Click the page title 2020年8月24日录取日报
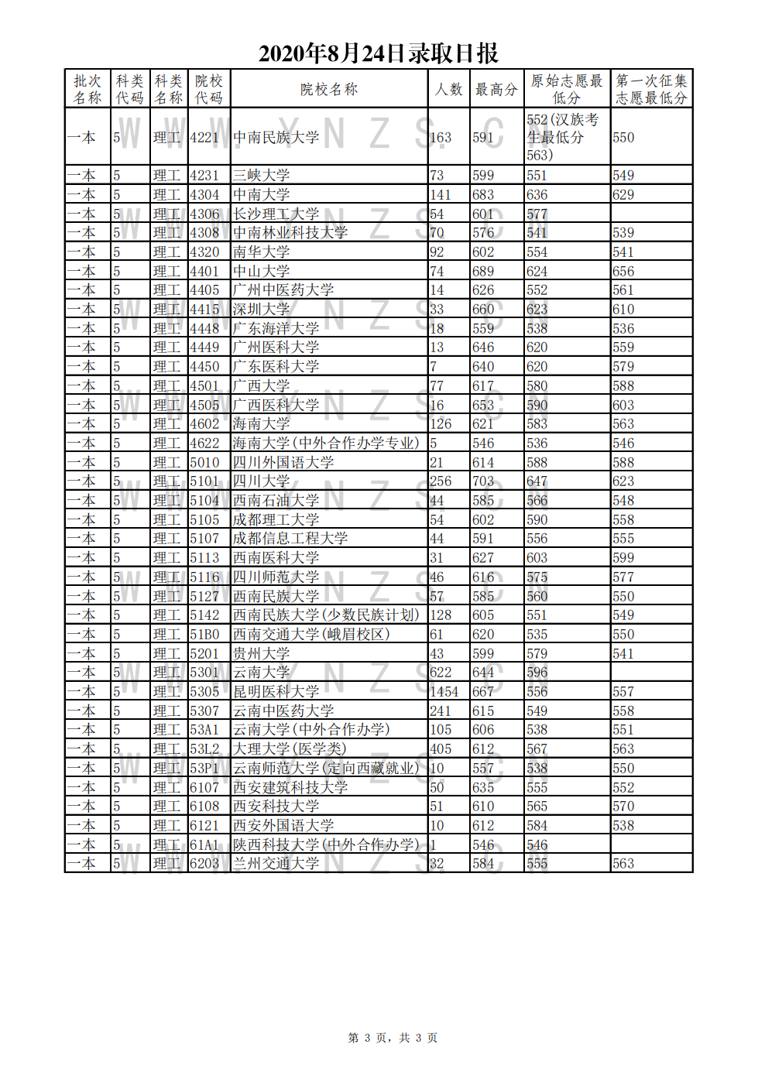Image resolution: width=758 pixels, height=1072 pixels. pyautogui.click(x=378, y=53)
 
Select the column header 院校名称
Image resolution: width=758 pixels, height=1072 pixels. pyautogui.click(x=329, y=89)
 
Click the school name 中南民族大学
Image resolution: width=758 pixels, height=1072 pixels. pyautogui.click(x=276, y=137)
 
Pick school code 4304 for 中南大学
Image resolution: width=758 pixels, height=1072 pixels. pyautogui.click(x=204, y=194)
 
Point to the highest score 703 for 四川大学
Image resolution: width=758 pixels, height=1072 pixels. pyautogui.click(x=483, y=481)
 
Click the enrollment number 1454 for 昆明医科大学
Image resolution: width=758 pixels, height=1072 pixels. pyautogui.click(x=444, y=691)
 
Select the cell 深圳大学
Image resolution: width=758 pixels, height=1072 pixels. pyautogui.click(x=262, y=309)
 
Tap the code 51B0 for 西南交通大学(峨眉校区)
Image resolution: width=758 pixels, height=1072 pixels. pyautogui.click(x=204, y=634)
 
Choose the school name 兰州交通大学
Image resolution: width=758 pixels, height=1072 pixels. pyautogui.click(x=276, y=863)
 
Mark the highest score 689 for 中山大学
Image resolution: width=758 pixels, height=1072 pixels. pyautogui.click(x=483, y=271)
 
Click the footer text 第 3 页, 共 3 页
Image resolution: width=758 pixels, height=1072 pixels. pyautogui.click(x=393, y=1038)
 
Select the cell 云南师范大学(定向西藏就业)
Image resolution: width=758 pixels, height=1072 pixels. pyautogui.click(x=326, y=768)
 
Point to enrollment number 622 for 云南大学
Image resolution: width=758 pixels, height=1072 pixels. pyautogui.click(x=441, y=672)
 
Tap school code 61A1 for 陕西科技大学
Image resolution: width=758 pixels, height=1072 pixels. pyautogui.click(x=204, y=844)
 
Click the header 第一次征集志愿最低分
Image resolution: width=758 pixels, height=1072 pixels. pyautogui.click(x=650, y=89)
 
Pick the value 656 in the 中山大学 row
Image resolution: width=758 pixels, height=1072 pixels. pyautogui.click(x=623, y=271)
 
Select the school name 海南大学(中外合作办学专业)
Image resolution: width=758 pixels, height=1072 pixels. pyautogui.click(x=326, y=443)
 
